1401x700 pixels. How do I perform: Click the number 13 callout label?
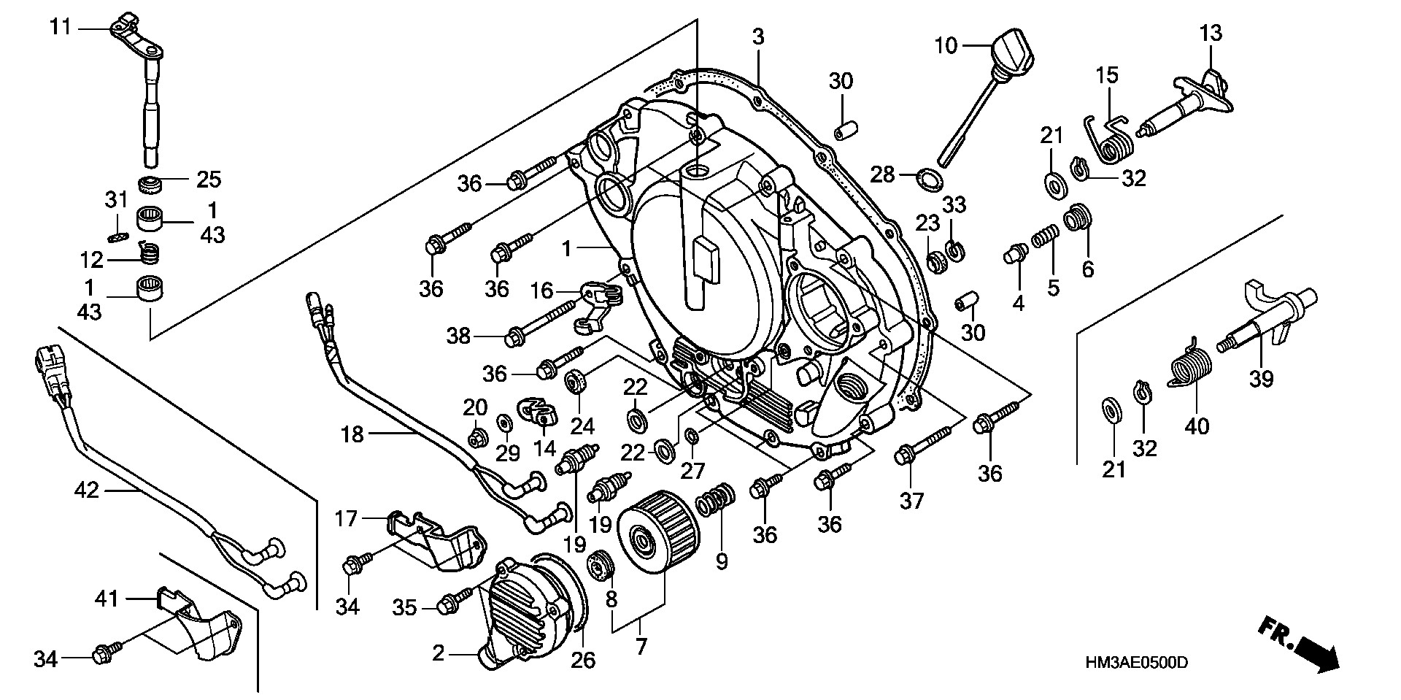point(1211,33)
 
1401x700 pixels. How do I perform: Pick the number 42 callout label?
point(87,490)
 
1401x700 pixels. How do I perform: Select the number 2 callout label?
point(438,653)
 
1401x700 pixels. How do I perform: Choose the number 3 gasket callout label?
point(759,37)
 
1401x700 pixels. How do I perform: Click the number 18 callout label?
point(352,436)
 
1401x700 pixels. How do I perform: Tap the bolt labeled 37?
point(925,445)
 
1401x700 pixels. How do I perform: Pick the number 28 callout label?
point(882,174)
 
